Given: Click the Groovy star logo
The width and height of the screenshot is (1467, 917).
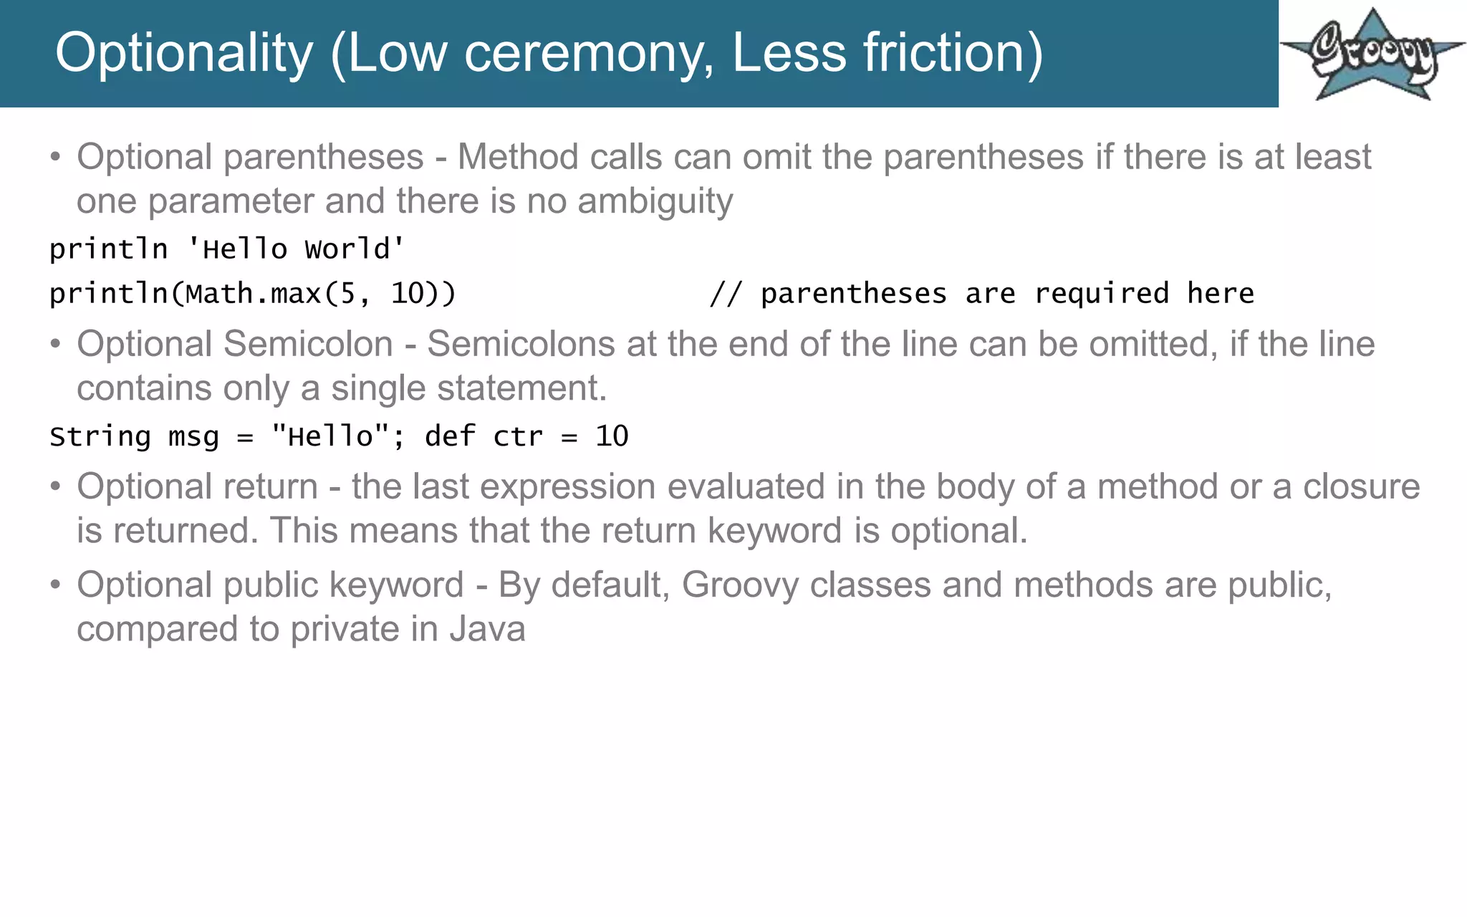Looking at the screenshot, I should (x=1372, y=54).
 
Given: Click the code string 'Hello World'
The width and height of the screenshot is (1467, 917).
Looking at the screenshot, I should (x=296, y=249).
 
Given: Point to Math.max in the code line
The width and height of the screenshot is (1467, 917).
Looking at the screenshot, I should (x=253, y=294).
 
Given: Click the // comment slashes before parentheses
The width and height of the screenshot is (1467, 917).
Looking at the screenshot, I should (x=726, y=294).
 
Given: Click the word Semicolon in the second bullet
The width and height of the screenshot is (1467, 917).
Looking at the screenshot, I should (x=308, y=344).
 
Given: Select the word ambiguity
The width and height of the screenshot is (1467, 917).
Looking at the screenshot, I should (x=655, y=201).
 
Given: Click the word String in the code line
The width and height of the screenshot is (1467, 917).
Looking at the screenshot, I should (x=100, y=436).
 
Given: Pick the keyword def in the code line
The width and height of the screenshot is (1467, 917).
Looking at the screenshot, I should (x=450, y=436).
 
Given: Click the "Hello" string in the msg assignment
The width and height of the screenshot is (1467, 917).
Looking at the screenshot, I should (x=331, y=436).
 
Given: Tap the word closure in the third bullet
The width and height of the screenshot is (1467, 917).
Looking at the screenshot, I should (x=1361, y=487).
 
